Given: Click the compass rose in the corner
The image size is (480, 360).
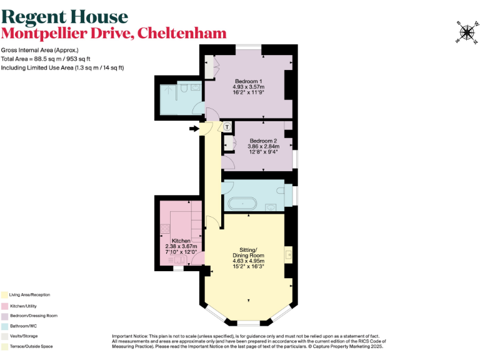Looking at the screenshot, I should tap(466, 32).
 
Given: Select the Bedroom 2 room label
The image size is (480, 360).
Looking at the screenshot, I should tap(263, 141).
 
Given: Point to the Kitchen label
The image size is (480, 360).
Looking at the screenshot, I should tap(181, 241).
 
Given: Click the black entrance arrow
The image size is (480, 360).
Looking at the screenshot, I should tap(194, 129).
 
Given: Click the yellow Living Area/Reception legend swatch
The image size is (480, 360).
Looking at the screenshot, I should tap(4, 294).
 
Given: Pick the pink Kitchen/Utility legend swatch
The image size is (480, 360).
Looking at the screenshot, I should tap(4, 305).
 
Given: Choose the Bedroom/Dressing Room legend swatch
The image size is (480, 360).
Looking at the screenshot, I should tap(4, 316).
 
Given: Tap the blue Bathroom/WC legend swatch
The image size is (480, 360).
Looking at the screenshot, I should tap(4, 326).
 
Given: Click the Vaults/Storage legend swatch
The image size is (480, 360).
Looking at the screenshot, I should tap(4, 336).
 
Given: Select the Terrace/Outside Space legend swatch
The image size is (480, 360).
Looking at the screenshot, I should tap(4, 346).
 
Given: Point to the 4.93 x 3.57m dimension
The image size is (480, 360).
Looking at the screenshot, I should tap(249, 87).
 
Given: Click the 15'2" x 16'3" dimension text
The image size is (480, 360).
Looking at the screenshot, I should tap(248, 266).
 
